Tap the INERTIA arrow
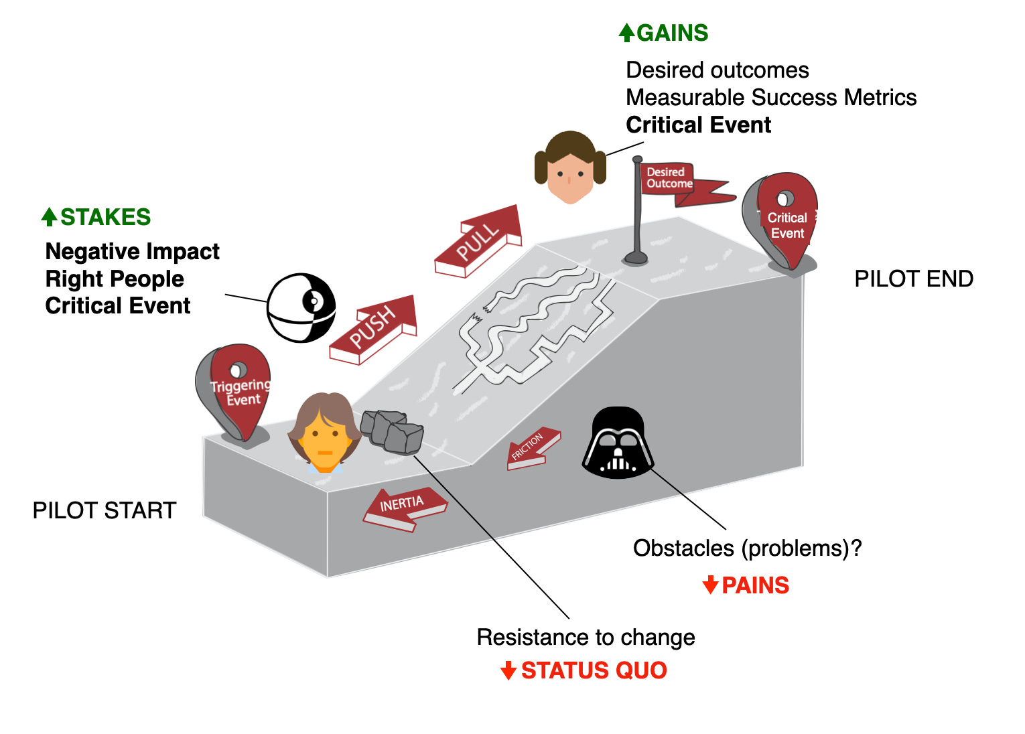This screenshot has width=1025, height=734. [404, 508]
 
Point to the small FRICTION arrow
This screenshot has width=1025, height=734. [532, 448]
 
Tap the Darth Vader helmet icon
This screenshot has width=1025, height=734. [618, 443]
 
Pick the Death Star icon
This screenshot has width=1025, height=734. [301, 307]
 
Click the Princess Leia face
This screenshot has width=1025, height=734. [570, 167]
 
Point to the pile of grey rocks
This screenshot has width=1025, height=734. [392, 431]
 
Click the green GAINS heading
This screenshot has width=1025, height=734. [664, 33]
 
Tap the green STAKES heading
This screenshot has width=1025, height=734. [96, 217]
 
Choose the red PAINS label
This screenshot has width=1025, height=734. [746, 585]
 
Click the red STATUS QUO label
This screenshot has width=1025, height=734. [585, 670]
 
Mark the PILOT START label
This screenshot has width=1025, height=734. [104, 510]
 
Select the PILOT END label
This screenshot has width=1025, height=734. [913, 279]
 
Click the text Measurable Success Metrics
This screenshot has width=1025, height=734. [770, 98]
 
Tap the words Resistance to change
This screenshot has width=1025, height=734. [586, 637]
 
